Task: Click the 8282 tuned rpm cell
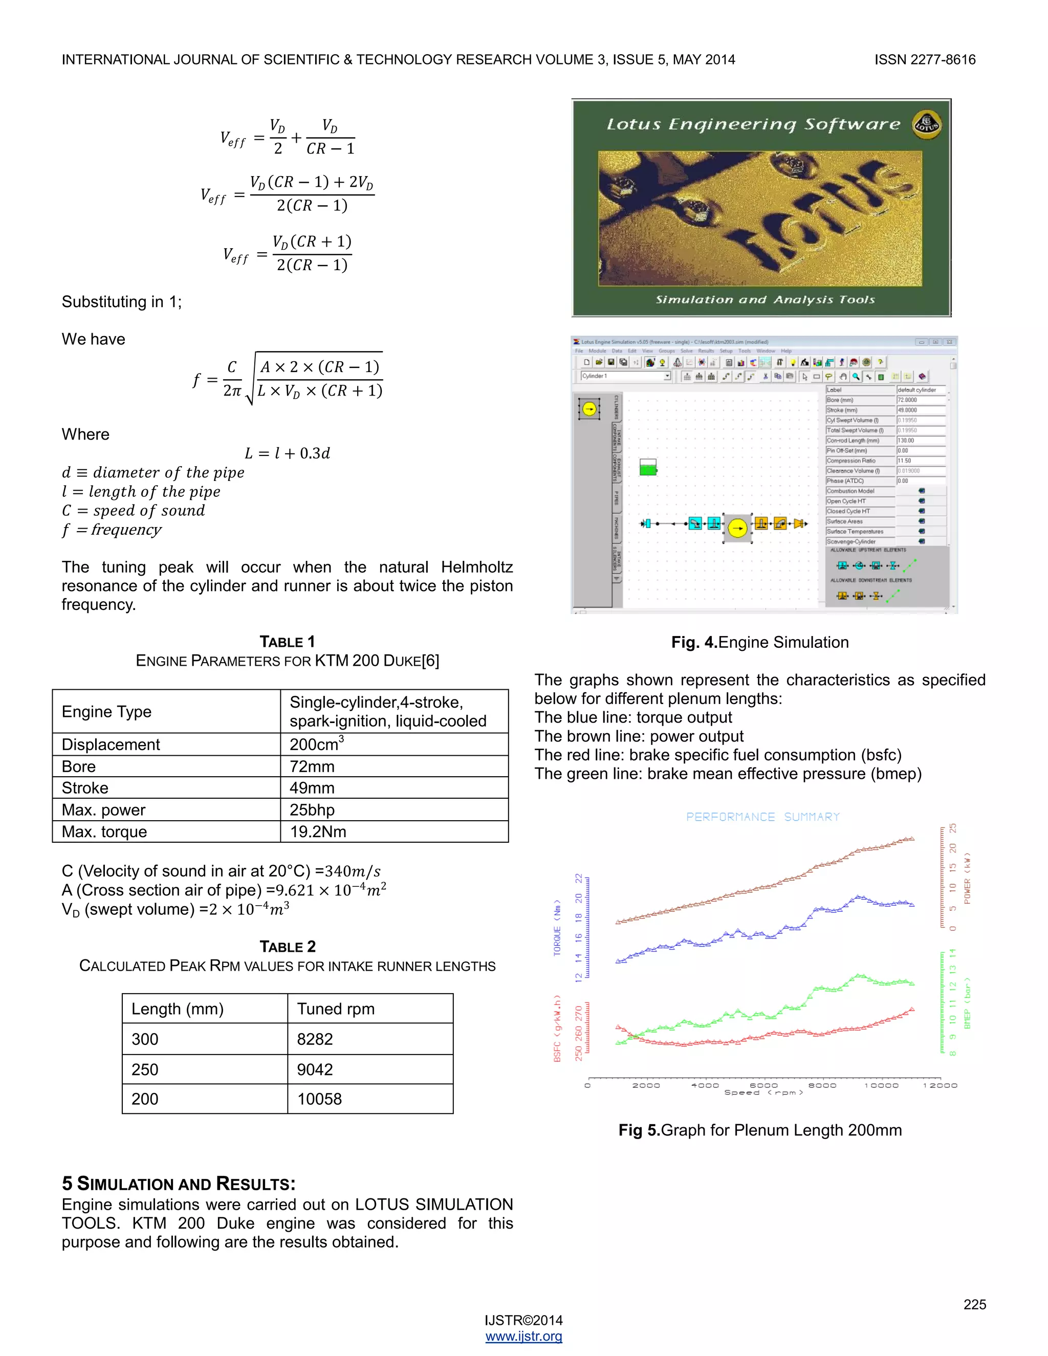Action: point(315,1039)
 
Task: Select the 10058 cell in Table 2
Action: point(319,1099)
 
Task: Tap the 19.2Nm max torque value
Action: point(318,832)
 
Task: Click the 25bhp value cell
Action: point(312,810)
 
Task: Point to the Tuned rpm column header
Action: point(336,1009)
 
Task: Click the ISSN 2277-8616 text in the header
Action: point(925,59)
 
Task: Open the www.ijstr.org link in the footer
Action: point(523,1336)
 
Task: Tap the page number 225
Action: point(974,1304)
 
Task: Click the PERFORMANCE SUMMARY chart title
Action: point(762,817)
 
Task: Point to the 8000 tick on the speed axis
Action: point(822,1086)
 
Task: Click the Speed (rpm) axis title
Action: point(763,1093)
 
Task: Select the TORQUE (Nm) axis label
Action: point(557,928)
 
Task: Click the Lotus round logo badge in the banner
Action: point(926,125)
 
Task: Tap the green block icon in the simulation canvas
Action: point(648,468)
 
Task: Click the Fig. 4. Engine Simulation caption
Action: point(759,643)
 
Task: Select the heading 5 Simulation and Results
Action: point(178,1184)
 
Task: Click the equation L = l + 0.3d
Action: point(287,453)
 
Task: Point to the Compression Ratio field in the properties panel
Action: point(860,461)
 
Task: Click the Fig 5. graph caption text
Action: point(759,1130)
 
